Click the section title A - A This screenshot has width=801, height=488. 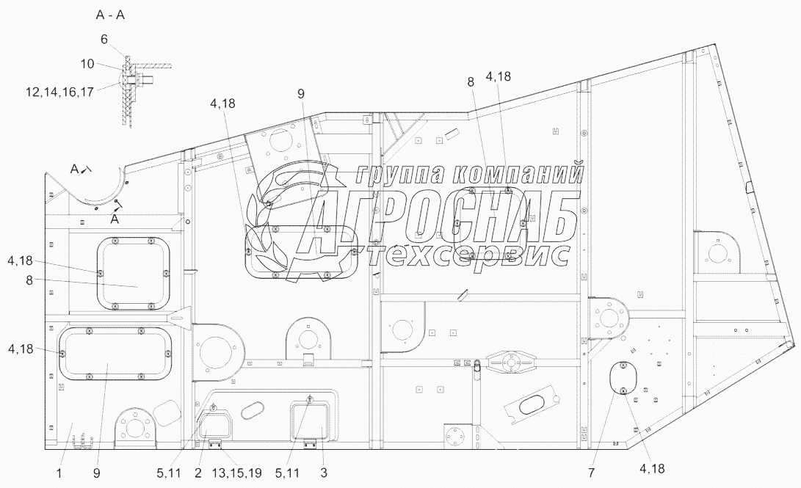pyautogui.click(x=110, y=15)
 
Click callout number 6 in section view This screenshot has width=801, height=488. pyautogui.click(x=104, y=40)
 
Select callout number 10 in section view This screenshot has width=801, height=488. pyautogui.click(x=87, y=64)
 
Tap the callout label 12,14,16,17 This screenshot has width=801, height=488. pyautogui.click(x=59, y=92)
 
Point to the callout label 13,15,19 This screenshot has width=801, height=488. pyautogui.click(x=236, y=473)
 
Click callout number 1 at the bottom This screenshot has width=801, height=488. pyautogui.click(x=59, y=473)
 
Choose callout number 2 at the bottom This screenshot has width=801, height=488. pyautogui.click(x=197, y=473)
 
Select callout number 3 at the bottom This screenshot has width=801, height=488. pyautogui.click(x=323, y=473)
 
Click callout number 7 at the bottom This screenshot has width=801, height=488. pyautogui.click(x=592, y=473)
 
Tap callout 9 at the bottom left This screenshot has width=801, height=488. pyautogui.click(x=97, y=473)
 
